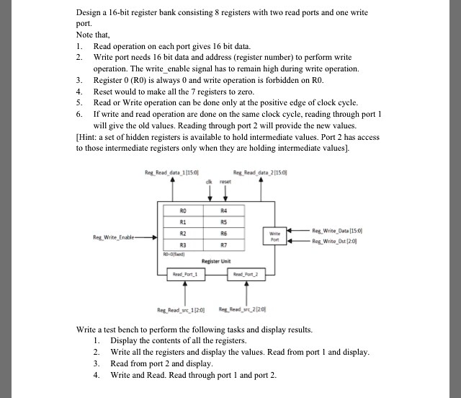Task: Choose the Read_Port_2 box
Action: click(x=238, y=274)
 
